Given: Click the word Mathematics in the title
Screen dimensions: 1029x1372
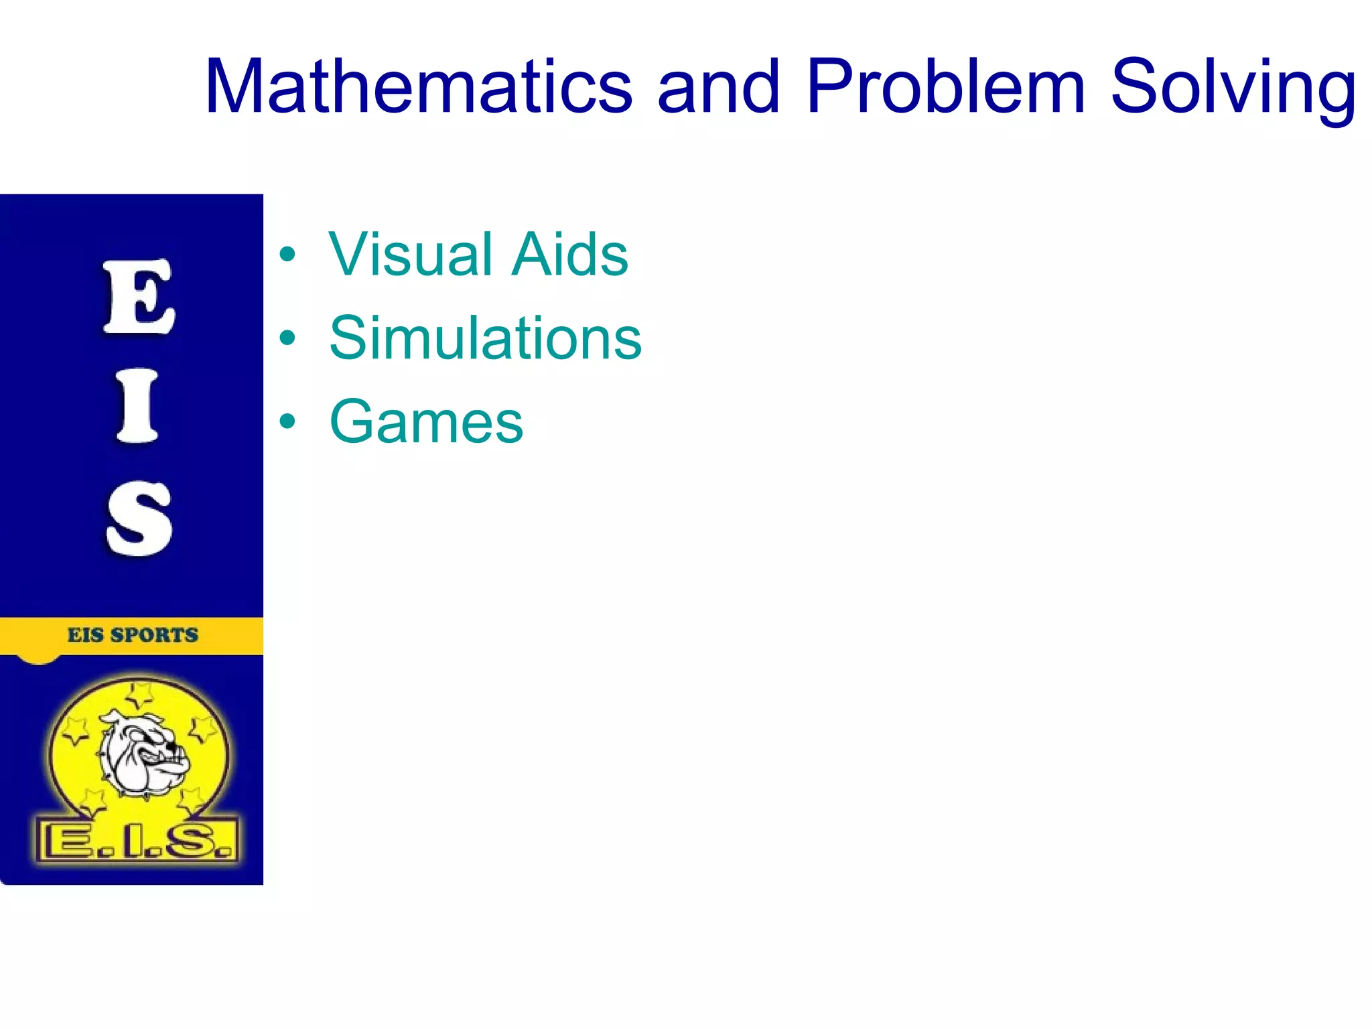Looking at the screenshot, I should [x=419, y=87].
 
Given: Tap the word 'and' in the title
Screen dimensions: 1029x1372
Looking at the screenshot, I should [x=719, y=87].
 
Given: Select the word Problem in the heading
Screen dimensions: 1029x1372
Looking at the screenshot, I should [x=945, y=87].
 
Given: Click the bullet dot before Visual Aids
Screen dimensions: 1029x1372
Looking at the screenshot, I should [x=287, y=255].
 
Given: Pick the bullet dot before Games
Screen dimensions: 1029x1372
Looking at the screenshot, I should [x=287, y=422].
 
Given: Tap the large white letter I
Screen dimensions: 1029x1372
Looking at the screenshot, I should [x=137, y=406].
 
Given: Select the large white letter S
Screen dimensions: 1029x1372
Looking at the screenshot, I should [x=139, y=518].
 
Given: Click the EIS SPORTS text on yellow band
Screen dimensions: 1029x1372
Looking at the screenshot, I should [x=133, y=634].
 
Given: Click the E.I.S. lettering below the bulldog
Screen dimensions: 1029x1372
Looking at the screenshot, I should [x=137, y=840].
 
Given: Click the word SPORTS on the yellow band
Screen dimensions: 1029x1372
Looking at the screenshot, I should [x=155, y=634].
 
